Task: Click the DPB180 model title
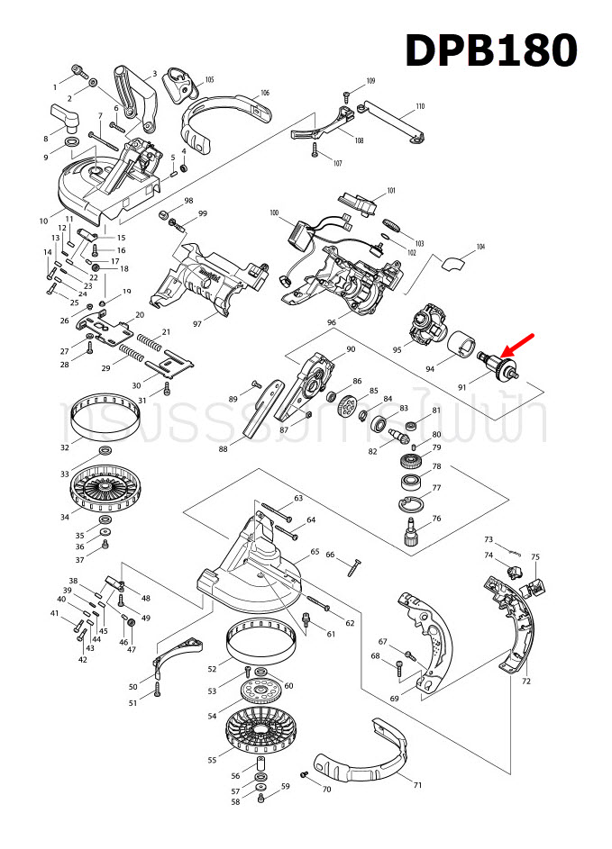490,51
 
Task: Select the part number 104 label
480,247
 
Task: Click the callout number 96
332,323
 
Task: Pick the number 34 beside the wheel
65,518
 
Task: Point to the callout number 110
419,107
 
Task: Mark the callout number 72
526,683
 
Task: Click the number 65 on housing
315,552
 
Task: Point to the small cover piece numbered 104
455,262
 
